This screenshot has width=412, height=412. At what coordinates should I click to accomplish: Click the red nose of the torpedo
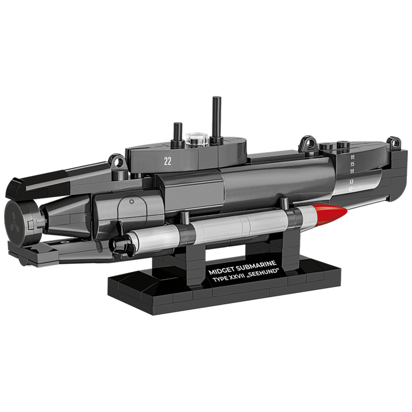click(x=332, y=214)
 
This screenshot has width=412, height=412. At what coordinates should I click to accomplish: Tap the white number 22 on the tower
click(x=167, y=161)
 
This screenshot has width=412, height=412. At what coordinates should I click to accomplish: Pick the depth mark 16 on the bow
click(x=352, y=158)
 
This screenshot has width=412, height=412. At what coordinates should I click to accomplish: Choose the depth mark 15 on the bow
click(x=352, y=164)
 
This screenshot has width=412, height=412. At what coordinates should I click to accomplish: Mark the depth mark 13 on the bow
click(x=351, y=182)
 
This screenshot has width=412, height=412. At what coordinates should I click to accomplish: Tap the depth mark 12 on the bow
click(x=351, y=188)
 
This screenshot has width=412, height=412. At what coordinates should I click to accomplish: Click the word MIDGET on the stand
click(x=221, y=271)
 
